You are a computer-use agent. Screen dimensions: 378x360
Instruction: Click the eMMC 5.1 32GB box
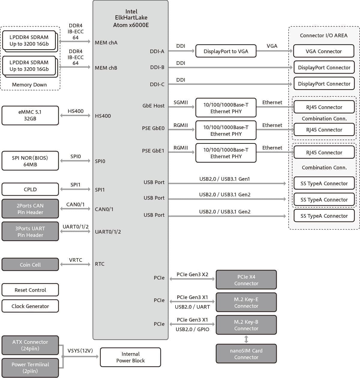pyautogui.click(x=30, y=115)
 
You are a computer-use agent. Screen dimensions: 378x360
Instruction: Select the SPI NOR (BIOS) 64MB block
pyautogui.click(x=30, y=161)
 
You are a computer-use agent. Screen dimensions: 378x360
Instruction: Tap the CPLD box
pyautogui.click(x=30, y=189)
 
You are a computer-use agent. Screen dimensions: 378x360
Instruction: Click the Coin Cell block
pyautogui.click(x=30, y=265)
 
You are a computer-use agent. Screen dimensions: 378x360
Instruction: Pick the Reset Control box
pyautogui.click(x=30, y=290)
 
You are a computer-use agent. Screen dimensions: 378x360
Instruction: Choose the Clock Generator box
pyautogui.click(x=30, y=306)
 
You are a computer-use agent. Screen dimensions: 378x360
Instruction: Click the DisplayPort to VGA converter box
pyautogui.click(x=226, y=51)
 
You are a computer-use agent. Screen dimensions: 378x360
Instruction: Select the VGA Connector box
pyautogui.click(x=324, y=51)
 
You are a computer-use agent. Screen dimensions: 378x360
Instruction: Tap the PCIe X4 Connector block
pyautogui.click(x=246, y=280)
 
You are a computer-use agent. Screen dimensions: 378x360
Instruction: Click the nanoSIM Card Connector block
pyautogui.click(x=246, y=354)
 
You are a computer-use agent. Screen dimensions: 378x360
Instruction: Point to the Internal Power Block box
pyautogui.click(x=130, y=357)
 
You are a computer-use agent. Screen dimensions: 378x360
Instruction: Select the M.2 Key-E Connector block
pyautogui.click(x=246, y=303)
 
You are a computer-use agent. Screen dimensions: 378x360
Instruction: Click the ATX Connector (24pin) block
pyautogui.click(x=30, y=345)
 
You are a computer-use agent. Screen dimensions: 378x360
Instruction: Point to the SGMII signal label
pyautogui.click(x=181, y=102)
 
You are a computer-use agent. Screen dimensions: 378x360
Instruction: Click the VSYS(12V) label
pyautogui.click(x=80, y=351)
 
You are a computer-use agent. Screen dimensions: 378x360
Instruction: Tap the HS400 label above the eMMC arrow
pyautogui.click(x=76, y=111)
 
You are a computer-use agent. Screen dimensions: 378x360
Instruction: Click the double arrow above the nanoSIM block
pyautogui.click(x=246, y=339)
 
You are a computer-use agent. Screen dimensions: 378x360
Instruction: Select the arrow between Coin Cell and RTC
pyautogui.click(x=75, y=264)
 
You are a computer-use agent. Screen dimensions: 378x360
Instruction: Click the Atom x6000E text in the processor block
pyautogui.click(x=131, y=25)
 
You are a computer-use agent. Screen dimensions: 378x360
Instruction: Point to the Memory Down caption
pyautogui.click(x=29, y=85)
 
